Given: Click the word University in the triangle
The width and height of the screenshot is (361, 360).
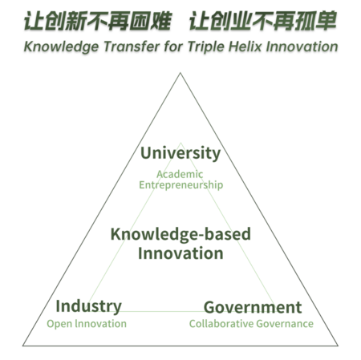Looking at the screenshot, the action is [180, 153].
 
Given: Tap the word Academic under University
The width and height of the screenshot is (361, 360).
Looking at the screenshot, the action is [180, 174].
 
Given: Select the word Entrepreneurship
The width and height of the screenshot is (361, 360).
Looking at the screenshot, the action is [181, 185].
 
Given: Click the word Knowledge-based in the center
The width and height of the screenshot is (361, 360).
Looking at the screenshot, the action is [180, 234].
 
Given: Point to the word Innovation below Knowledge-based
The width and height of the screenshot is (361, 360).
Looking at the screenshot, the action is [180, 253].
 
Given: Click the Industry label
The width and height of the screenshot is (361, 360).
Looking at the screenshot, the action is [89, 306].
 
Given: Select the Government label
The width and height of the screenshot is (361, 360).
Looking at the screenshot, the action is [253, 307].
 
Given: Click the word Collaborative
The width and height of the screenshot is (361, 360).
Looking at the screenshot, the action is [221, 324].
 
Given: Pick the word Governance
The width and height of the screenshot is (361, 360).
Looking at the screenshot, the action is [285, 324].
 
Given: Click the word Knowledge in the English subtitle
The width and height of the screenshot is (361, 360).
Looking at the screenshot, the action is [61, 47].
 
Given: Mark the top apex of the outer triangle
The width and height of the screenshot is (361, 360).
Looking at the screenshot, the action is [180, 73].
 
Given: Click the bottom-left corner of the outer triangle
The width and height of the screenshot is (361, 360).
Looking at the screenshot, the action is [22, 346].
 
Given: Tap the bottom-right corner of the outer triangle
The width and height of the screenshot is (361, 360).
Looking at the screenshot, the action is [338, 346].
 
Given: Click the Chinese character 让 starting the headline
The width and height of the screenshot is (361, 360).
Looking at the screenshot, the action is [34, 21].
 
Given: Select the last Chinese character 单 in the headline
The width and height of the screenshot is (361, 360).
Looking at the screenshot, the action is [326, 21].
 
